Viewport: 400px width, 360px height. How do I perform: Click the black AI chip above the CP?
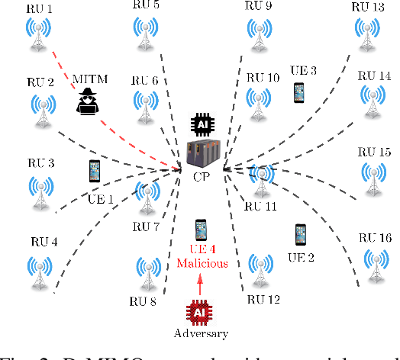pyautogui.click(x=202, y=124)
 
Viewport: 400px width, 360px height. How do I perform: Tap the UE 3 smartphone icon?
pyautogui.click(x=298, y=92)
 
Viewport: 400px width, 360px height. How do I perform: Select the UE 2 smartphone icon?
pyautogui.click(x=300, y=235)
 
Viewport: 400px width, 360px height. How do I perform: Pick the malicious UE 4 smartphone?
pyautogui.click(x=201, y=230)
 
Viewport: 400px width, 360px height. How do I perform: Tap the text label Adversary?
pyautogui.click(x=202, y=334)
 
